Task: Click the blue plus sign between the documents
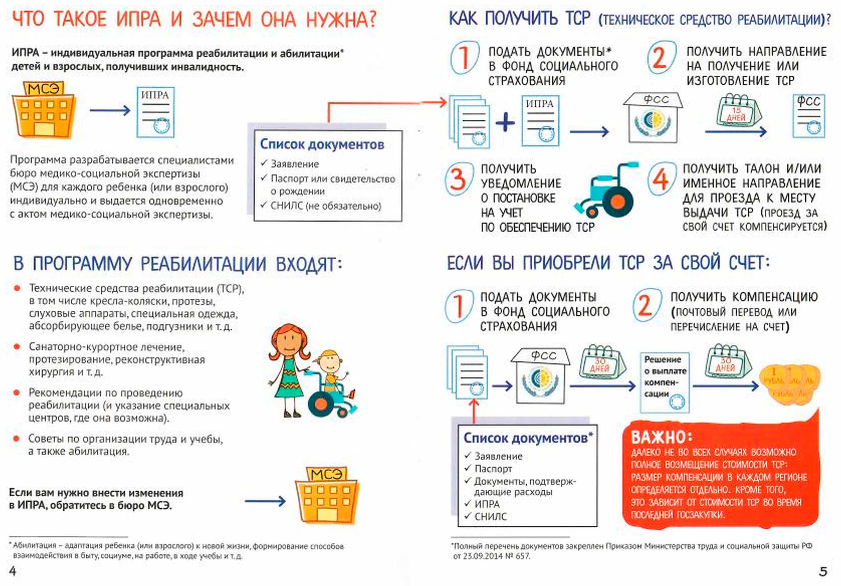(505, 122)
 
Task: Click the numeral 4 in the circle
(660, 179)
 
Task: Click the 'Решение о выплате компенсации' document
(664, 382)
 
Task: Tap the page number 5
(823, 571)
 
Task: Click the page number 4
(13, 571)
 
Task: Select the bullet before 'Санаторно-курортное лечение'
(17, 346)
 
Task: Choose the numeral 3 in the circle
(458, 179)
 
